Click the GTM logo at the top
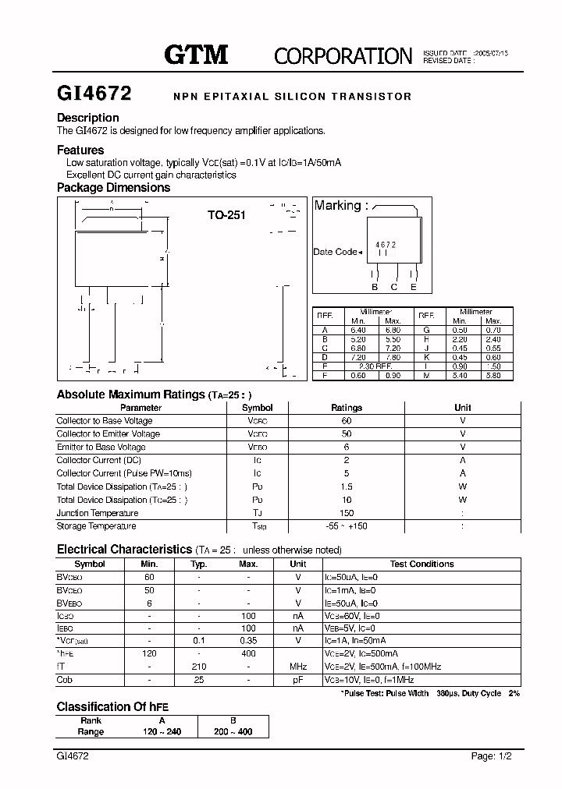tap(195, 54)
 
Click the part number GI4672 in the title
tap(94, 94)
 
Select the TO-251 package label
tap(226, 215)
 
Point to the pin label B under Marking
tap(375, 287)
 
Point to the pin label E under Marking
tap(414, 287)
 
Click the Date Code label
tap(336, 252)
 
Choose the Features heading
tap(80, 150)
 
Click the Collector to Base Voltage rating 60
tap(347, 420)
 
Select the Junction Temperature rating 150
tap(347, 513)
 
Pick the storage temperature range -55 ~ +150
tap(347, 526)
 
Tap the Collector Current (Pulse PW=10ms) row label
tap(124, 473)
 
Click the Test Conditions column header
tap(421, 564)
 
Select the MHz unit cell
tap(298, 667)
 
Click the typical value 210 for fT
tap(199, 667)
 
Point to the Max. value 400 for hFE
tap(248, 653)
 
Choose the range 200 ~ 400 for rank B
tap(233, 732)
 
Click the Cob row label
tap(65, 680)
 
